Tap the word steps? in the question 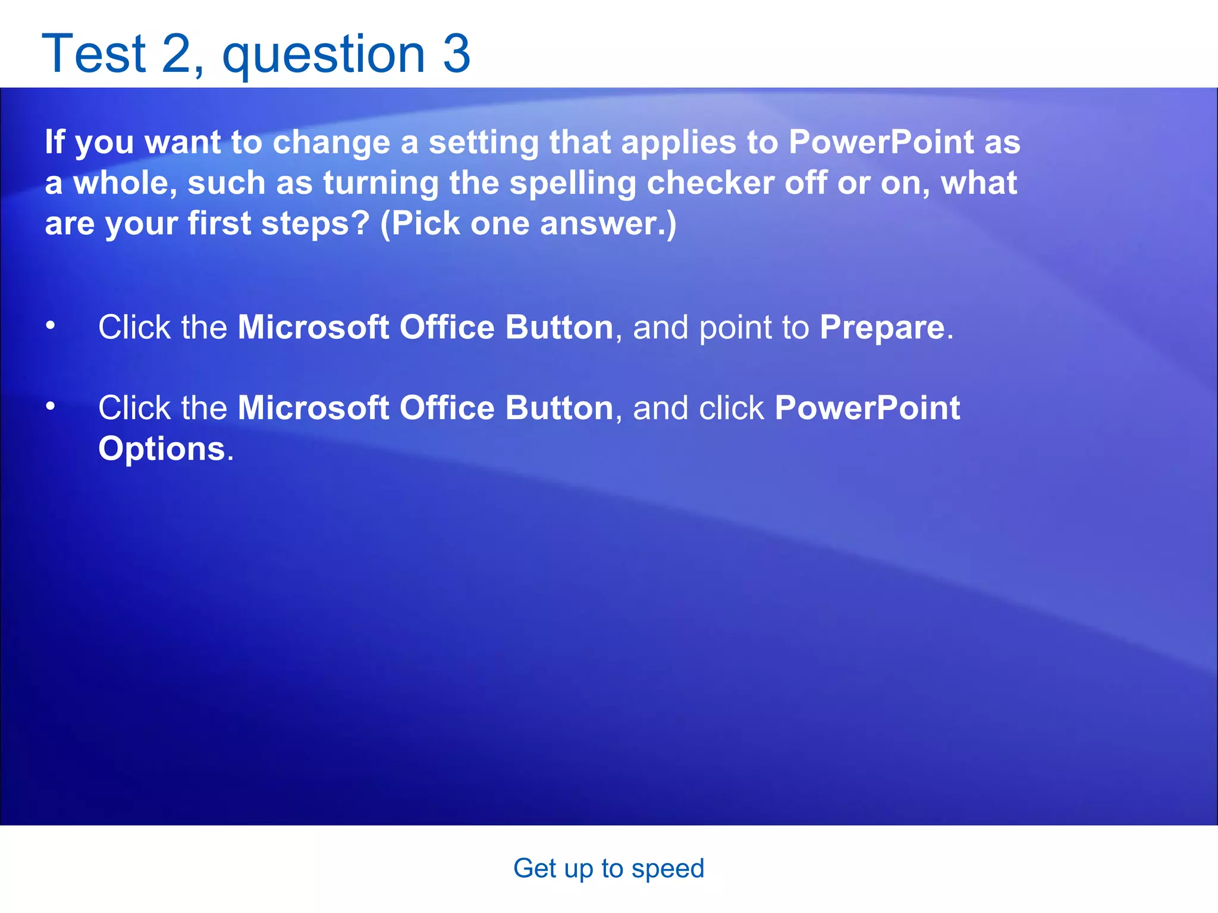(x=315, y=224)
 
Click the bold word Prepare (x=882, y=328)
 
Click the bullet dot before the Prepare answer (x=51, y=325)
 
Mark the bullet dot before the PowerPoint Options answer (x=51, y=406)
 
